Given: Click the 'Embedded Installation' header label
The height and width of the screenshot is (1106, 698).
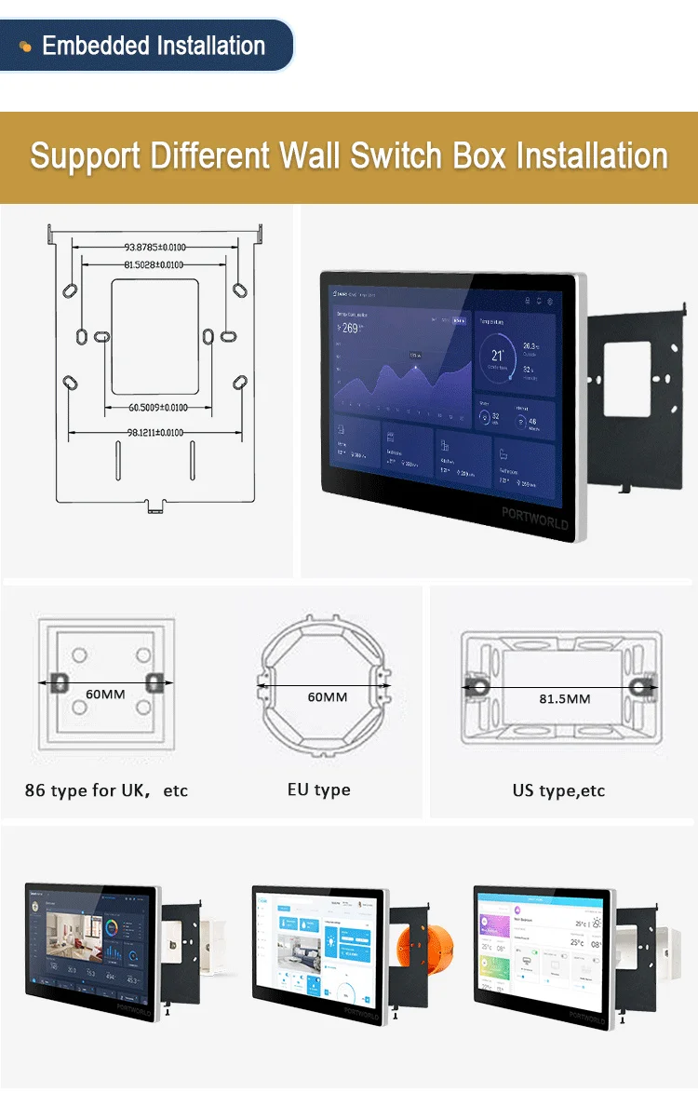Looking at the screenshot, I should [x=154, y=46].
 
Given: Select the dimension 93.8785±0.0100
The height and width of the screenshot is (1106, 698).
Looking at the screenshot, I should [x=154, y=248].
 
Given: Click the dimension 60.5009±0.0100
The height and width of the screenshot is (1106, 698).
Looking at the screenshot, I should [x=158, y=408].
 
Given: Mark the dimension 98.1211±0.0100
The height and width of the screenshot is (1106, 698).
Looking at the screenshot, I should [x=154, y=433].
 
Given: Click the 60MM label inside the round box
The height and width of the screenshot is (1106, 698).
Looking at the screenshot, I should [x=327, y=696].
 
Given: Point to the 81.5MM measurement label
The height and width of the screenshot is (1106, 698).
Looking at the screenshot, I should [x=564, y=698].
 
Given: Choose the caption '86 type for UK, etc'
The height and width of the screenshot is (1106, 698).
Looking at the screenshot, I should [x=106, y=790].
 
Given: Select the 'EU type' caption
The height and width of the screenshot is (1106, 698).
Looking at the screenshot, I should [x=319, y=789].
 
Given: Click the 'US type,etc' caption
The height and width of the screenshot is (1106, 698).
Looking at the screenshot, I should [x=558, y=790].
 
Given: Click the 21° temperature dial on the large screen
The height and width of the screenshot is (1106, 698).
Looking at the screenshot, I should [x=498, y=356].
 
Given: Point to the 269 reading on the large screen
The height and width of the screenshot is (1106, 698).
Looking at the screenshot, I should [x=349, y=328].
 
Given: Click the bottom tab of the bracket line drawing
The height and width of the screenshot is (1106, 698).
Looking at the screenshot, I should [x=154, y=507].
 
